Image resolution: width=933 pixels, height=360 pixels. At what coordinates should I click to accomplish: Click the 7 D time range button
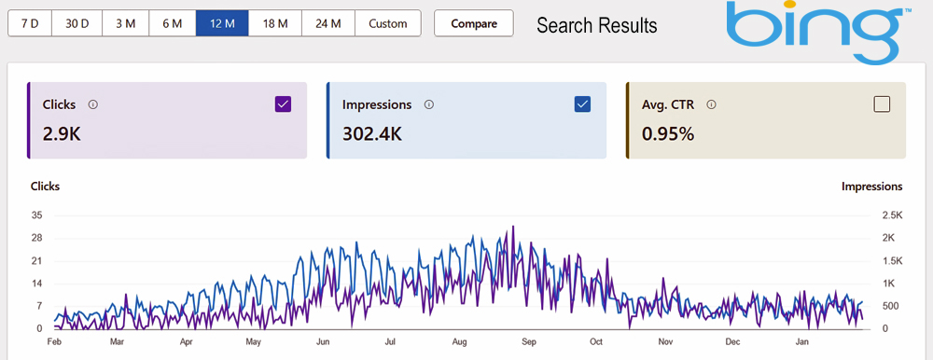[x=29, y=23]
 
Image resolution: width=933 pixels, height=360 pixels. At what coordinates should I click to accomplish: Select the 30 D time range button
[x=77, y=23]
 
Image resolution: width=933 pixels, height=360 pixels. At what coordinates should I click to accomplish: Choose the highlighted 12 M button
[x=222, y=23]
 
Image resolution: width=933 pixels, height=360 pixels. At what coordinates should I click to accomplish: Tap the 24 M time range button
[x=328, y=23]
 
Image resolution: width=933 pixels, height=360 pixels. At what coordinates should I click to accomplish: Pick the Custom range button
[x=388, y=23]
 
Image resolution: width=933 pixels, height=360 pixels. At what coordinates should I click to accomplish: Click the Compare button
[x=474, y=23]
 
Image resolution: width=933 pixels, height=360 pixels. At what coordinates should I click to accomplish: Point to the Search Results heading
[x=596, y=25]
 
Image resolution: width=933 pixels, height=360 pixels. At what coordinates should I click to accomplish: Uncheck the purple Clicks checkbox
[x=284, y=104]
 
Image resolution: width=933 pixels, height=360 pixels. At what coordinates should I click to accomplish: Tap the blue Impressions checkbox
[x=583, y=104]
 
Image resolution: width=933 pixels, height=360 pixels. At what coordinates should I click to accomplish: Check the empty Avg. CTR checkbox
[x=882, y=104]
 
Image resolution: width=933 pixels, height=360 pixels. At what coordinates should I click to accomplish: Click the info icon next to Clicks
[x=92, y=105]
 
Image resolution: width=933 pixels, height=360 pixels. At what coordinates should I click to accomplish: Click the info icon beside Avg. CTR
[x=711, y=105]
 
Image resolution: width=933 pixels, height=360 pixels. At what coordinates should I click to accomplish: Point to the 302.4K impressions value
[x=372, y=133]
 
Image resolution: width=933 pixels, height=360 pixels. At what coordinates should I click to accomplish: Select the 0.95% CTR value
[x=667, y=133]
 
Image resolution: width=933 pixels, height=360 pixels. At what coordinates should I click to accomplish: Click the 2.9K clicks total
[x=63, y=133]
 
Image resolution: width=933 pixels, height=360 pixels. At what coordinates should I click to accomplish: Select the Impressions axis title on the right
[x=871, y=187]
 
